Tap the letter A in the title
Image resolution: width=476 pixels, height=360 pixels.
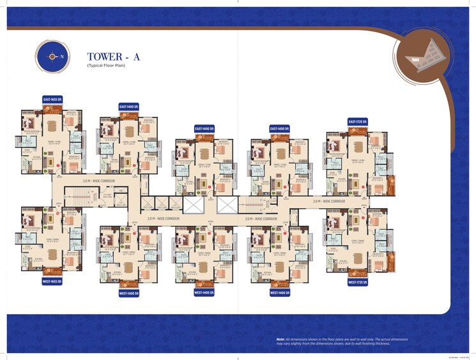pos(136,57)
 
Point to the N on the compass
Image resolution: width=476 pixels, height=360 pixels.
pos(63,56)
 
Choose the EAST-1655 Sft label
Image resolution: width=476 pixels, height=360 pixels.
pos(52,100)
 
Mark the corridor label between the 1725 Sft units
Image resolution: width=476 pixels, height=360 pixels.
pos(329,201)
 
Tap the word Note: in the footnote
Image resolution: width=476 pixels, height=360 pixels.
pos(280,339)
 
